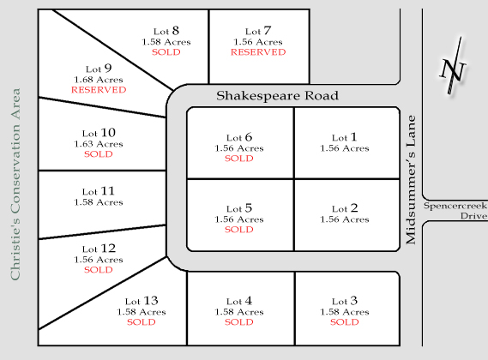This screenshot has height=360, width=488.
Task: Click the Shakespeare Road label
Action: tap(277, 96)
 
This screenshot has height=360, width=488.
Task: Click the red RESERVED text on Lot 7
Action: tap(257, 52)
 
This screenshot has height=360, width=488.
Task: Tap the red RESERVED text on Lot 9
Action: tap(99, 90)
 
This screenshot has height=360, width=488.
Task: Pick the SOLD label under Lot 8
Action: tap(166, 52)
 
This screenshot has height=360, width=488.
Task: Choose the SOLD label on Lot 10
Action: tap(99, 155)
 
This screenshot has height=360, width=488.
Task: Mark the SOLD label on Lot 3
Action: tap(344, 322)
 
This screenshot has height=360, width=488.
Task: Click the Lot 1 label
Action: tap(344, 137)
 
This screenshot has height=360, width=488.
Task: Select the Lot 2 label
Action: tap(344, 207)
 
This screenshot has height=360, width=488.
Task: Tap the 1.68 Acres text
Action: tap(99, 79)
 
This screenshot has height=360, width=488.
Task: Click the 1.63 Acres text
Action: tap(99, 144)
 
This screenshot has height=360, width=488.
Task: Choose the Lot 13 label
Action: tap(142, 301)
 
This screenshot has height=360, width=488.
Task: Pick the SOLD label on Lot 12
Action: tap(99, 270)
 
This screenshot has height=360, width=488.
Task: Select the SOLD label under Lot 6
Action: tap(238, 159)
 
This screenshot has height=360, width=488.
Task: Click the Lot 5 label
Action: tap(238, 207)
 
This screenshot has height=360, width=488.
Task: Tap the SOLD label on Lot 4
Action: tap(238, 322)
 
